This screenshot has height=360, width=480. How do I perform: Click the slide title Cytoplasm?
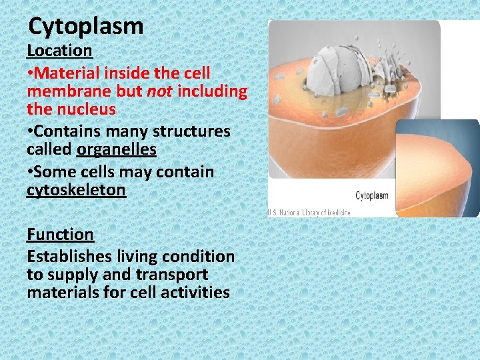coord(86,27)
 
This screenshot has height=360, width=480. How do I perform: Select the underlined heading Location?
coord(59,50)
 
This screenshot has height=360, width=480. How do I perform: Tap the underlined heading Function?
coord(60,234)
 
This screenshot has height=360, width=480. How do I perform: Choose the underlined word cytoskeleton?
coord(76,190)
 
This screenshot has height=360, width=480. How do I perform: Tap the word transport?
coord(173,274)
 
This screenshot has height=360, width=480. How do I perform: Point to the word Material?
coord(70,72)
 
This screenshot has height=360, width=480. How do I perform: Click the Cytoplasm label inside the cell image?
coord(371,196)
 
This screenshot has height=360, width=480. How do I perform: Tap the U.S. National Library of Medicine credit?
coord(311,212)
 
